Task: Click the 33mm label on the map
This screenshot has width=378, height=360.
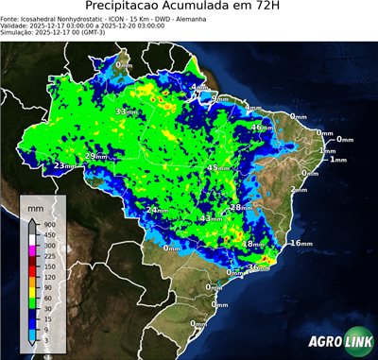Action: pyautogui.click(x=124, y=112)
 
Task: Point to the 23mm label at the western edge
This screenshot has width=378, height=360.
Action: pyautogui.click(x=63, y=166)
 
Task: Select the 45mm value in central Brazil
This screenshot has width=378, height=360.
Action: pyautogui.click(x=216, y=168)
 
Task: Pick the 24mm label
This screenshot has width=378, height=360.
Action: pyautogui.click(x=158, y=210)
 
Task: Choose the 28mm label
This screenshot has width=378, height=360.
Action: pyautogui.click(x=241, y=208)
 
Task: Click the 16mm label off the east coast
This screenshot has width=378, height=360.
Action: pyautogui.click(x=301, y=244)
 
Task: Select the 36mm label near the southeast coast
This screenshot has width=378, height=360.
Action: pyautogui.click(x=256, y=268)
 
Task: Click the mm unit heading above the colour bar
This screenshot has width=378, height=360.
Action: pyautogui.click(x=34, y=205)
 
